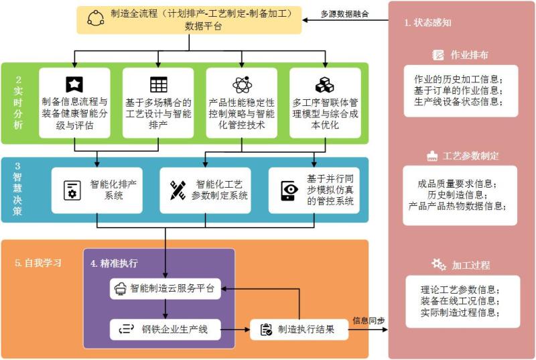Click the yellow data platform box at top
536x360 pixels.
[x=190, y=19]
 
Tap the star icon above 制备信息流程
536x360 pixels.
[x=74, y=84]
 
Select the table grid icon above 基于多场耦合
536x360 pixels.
[x=158, y=84]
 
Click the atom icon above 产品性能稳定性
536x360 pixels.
[x=241, y=84]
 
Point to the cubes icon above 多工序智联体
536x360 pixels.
[x=324, y=84]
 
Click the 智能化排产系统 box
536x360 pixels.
[x=99, y=190]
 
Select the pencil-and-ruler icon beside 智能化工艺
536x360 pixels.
[x=178, y=190]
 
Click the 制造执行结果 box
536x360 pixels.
[x=300, y=329]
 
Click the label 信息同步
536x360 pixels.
[x=368, y=320]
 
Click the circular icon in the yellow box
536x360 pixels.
[x=95, y=19]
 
